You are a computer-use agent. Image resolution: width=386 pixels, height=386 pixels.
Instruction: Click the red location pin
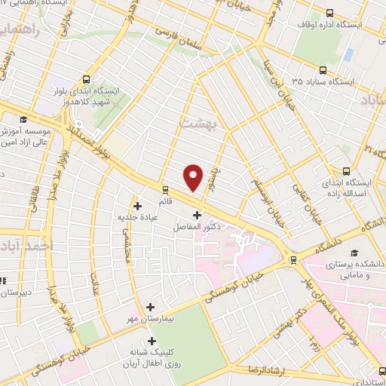[194, 177]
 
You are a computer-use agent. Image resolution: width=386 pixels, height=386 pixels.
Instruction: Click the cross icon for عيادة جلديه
[137, 205]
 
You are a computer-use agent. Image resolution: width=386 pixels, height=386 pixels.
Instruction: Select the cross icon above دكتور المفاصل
[198, 215]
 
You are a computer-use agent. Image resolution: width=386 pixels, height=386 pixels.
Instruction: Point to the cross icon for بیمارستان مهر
[150, 307]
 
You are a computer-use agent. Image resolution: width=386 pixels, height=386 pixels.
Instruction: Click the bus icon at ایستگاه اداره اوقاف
[329, 12]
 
